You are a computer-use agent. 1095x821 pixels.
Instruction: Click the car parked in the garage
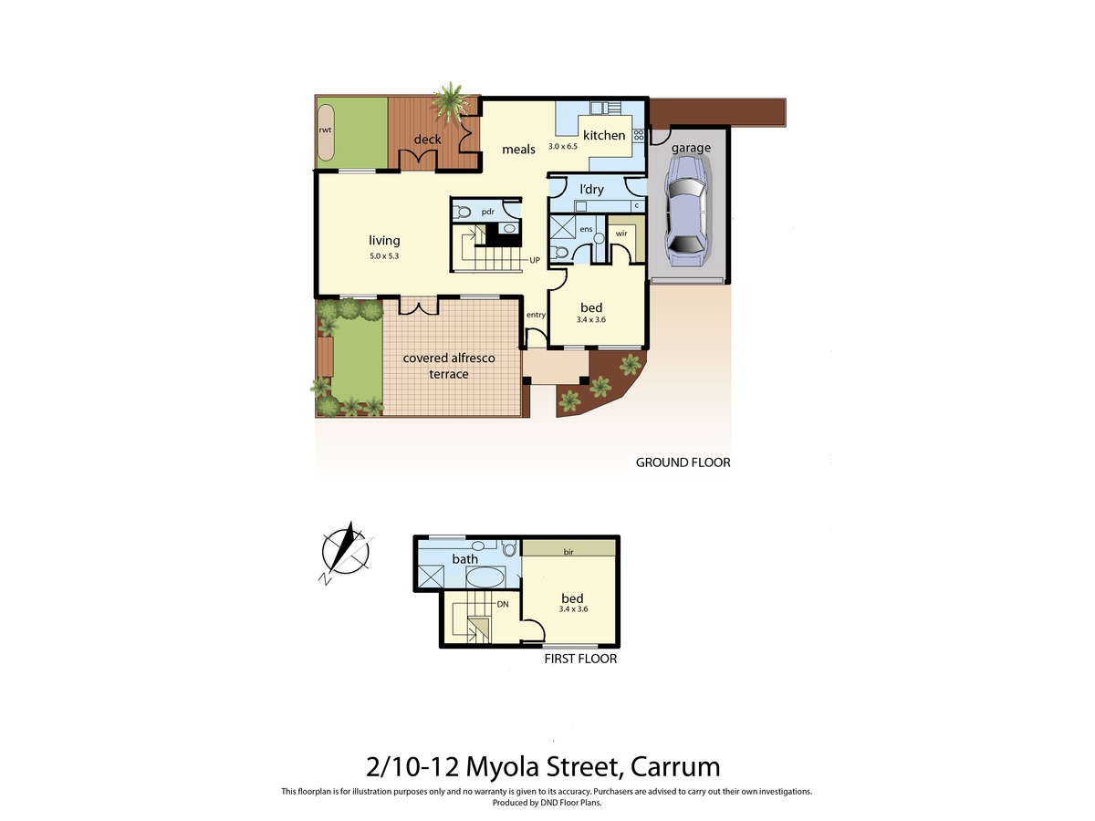(687, 211)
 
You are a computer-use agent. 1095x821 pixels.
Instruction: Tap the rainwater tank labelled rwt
(325, 132)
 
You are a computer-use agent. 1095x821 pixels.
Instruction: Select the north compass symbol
(346, 552)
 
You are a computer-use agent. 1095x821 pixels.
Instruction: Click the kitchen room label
(604, 135)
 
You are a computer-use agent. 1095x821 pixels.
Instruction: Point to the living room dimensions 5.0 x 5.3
(384, 256)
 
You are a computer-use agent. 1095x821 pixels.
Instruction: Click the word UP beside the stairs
(535, 260)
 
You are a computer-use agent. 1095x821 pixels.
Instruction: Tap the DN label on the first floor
(503, 604)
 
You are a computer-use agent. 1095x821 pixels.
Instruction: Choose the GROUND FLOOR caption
(683, 462)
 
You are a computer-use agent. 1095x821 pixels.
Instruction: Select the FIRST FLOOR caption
(580, 659)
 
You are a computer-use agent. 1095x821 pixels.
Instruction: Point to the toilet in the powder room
(462, 213)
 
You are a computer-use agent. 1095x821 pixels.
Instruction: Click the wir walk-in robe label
(621, 234)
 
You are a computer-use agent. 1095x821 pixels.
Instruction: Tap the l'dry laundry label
(591, 190)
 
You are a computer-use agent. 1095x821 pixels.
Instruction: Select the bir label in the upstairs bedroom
(568, 552)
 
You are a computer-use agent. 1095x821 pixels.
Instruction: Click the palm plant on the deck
(451, 101)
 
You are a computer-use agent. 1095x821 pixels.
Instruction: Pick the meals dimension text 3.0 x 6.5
(563, 147)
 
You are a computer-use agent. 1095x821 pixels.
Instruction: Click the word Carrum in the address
(675, 766)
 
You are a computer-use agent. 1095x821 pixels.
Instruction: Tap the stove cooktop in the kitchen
(639, 135)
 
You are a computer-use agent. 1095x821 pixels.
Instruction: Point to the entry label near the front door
(536, 315)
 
